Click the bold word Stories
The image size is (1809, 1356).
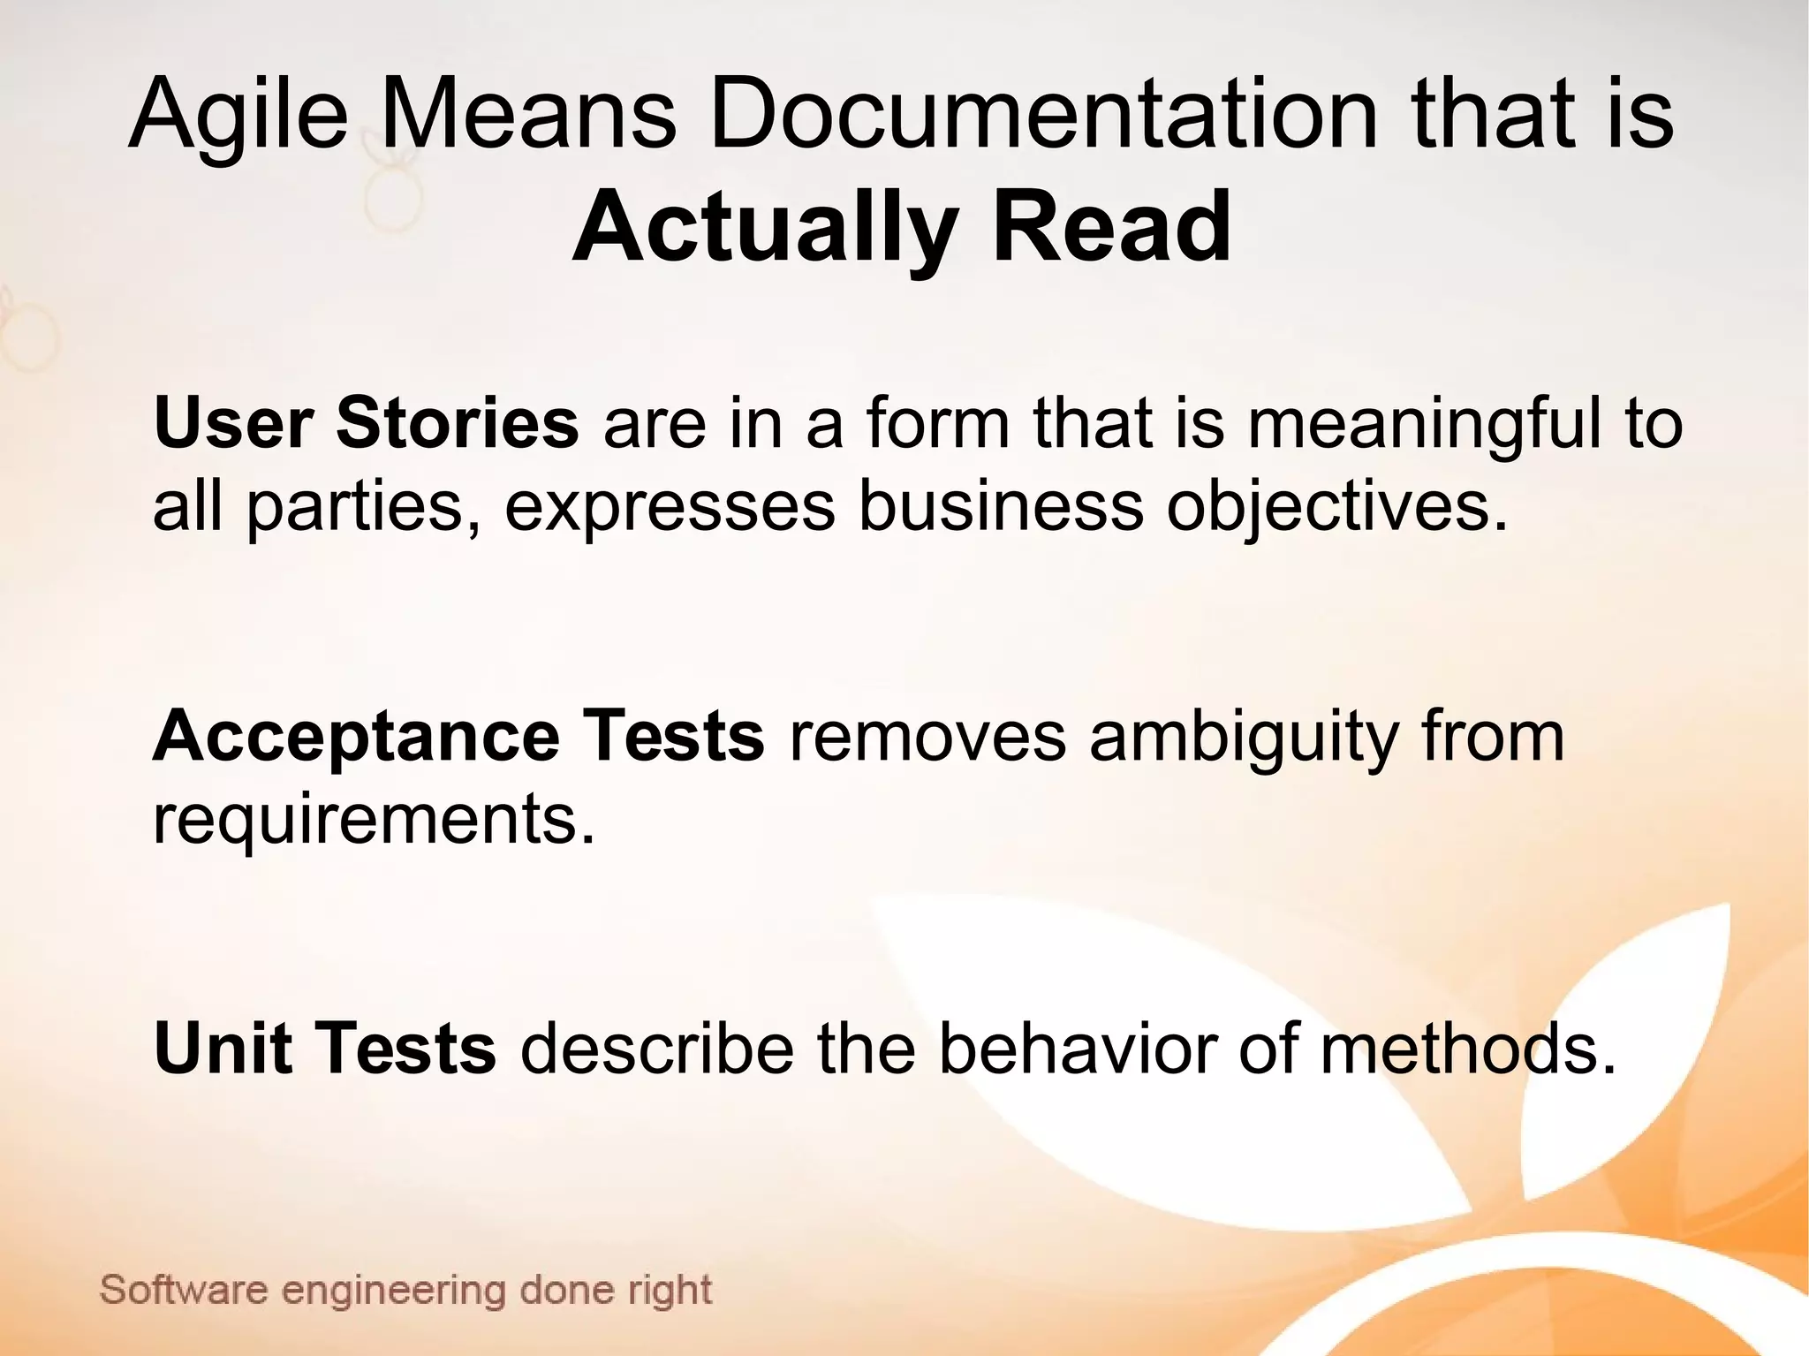[x=457, y=423]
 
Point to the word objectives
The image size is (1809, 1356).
[x=1337, y=510]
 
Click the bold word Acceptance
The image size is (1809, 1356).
[x=356, y=739]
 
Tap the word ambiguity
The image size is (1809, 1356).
[x=1243, y=739]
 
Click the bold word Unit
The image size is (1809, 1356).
[x=223, y=1048]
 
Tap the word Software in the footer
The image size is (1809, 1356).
[x=184, y=1291]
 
